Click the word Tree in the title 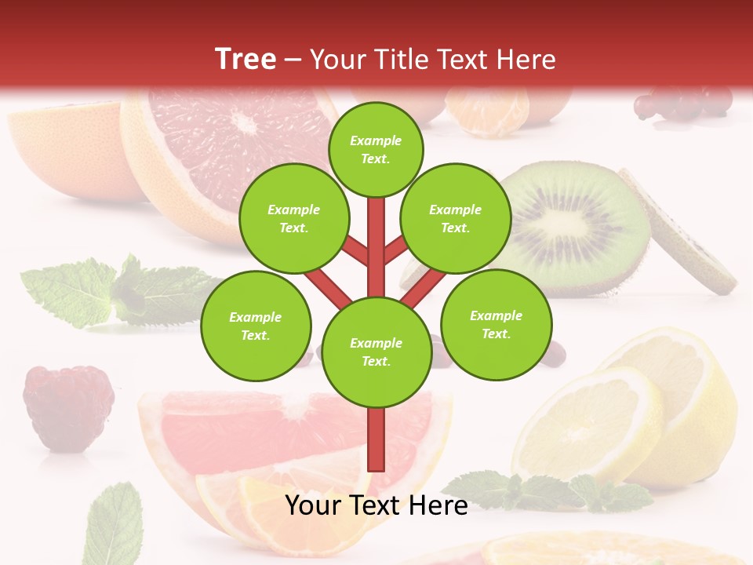tap(246, 59)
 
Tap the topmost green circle tap(376, 149)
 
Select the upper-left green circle tap(293, 219)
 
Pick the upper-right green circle tap(455, 219)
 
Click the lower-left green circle tap(255, 326)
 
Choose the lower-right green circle tap(496, 324)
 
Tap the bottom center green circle tap(376, 352)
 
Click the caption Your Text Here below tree tap(376, 505)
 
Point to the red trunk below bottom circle tap(376, 439)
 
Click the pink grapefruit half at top tap(235, 141)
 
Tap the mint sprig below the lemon tap(549, 491)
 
